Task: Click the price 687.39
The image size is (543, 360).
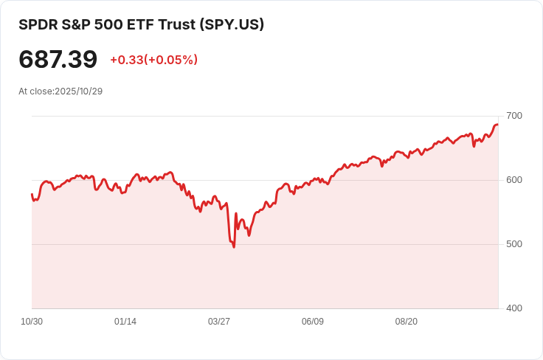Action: (58, 59)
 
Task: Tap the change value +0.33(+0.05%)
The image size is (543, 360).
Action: (153, 60)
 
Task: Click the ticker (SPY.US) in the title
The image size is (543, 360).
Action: (232, 24)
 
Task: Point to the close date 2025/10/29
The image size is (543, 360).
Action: (78, 91)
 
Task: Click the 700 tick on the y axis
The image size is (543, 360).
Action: (514, 116)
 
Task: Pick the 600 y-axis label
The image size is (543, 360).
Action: (514, 180)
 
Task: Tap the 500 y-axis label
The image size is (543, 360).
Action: (514, 244)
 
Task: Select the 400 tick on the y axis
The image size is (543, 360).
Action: (514, 308)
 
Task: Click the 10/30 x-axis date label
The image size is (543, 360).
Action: (32, 322)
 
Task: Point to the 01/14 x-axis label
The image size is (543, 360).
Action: (125, 322)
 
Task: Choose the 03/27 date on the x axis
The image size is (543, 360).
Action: (219, 322)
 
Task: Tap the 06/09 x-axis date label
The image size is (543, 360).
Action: (313, 322)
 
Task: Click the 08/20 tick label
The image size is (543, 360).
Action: (407, 322)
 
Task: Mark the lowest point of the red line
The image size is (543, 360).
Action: (234, 246)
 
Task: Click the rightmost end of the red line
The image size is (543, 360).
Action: (497, 125)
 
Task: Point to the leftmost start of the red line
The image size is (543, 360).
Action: (32, 195)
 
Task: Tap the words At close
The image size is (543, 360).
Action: (35, 91)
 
